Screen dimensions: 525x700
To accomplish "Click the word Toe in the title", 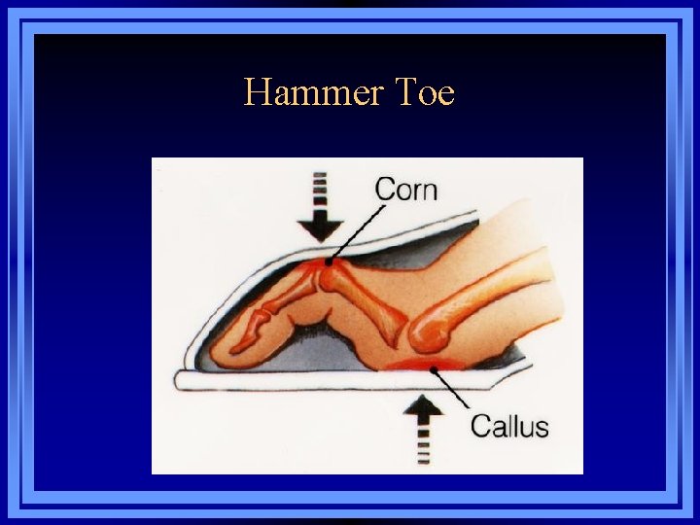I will [425, 93].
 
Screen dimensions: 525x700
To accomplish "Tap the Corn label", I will [406, 188].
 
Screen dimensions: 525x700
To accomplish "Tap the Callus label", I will [509, 426].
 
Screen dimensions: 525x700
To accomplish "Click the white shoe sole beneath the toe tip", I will [253, 379].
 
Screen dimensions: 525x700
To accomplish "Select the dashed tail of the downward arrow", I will [320, 186].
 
